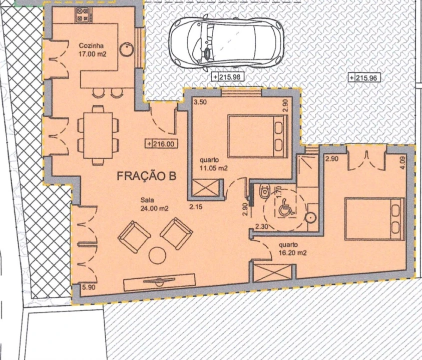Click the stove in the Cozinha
coord(83,15)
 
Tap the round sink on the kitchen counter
coord(126,49)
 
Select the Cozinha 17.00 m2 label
coord(92,49)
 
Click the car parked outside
coord(226,42)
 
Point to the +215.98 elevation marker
coord(228,77)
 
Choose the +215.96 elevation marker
coord(364,78)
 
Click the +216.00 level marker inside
coord(161,144)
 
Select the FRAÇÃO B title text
coord(147,176)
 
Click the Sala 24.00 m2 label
coord(154,204)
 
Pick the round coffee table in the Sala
coord(158,255)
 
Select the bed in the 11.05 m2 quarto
coord(258,136)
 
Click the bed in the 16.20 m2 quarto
coord(375,219)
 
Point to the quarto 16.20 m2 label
coord(292,249)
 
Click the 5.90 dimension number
coord(89,287)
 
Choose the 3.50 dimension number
coord(200,102)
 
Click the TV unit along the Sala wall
coord(159,282)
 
